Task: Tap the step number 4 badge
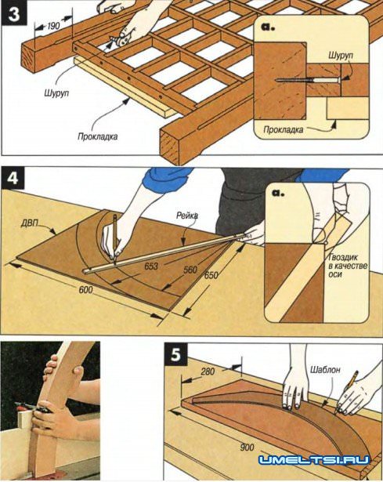pyautogui.click(x=13, y=179)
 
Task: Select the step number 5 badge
pyautogui.click(x=175, y=355)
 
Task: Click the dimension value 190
pyautogui.click(x=53, y=26)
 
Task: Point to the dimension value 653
pyautogui.click(x=151, y=266)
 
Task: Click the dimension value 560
pyautogui.click(x=190, y=270)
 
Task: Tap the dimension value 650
pyautogui.click(x=211, y=275)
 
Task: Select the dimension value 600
pyautogui.click(x=85, y=289)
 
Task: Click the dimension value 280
pyautogui.click(x=208, y=371)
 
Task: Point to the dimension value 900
pyautogui.click(x=248, y=448)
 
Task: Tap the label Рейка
pyautogui.click(x=187, y=216)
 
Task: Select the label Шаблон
pyautogui.click(x=325, y=369)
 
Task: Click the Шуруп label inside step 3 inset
pyautogui.click(x=341, y=56)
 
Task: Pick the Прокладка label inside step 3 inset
pyautogui.click(x=284, y=130)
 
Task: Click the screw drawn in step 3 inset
pyautogui.click(x=308, y=80)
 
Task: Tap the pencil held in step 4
pyautogui.click(x=115, y=240)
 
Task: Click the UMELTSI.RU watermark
pyautogui.click(x=314, y=460)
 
